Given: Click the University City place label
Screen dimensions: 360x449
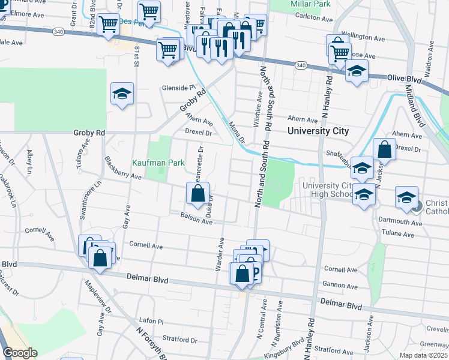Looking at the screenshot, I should pyautogui.click(x=318, y=131).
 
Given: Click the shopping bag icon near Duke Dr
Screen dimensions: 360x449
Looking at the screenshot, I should pyautogui.click(x=198, y=194).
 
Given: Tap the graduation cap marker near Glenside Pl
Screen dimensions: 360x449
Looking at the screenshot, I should pyautogui.click(x=122, y=94).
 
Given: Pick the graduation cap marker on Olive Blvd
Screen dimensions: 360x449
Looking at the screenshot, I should pyautogui.click(x=357, y=72).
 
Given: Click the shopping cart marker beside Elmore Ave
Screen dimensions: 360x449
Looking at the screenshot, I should pyautogui.click(x=109, y=25).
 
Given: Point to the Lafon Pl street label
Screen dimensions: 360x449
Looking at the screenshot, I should pyautogui.click(x=151, y=322).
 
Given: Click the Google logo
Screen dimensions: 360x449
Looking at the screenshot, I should pyautogui.click(x=20, y=353).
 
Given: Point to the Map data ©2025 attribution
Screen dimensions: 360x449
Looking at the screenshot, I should pyautogui.click(x=423, y=355).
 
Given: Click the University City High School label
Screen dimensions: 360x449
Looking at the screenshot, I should pyautogui.click(x=328, y=190).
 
